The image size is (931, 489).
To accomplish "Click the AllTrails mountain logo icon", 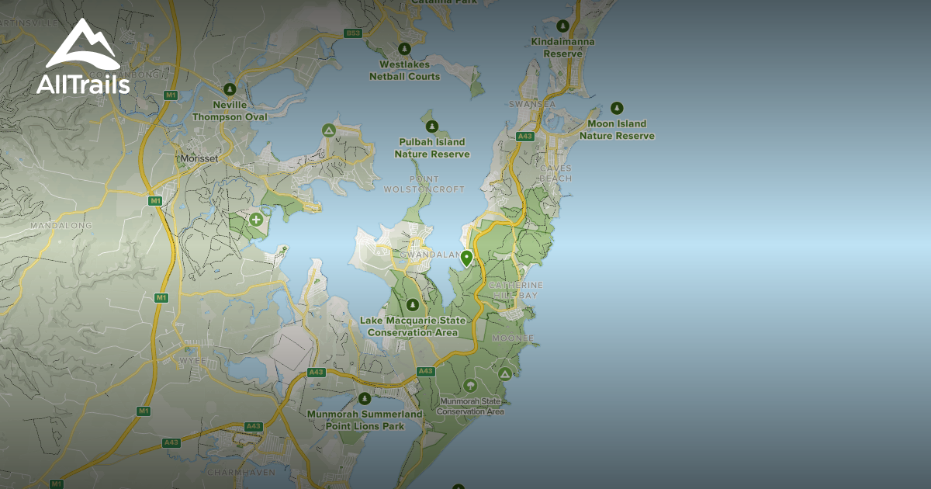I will point(82,44).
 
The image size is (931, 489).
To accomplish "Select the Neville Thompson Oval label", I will point(230,111).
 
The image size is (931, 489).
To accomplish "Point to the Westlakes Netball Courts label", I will point(410,71).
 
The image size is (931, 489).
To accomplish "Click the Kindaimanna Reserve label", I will point(562,47).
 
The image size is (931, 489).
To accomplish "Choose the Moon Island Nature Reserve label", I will point(617,130).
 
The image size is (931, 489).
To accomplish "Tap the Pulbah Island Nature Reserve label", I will point(432,147).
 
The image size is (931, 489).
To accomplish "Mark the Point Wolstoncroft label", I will point(424,184).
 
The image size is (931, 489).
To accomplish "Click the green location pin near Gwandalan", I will point(466,258).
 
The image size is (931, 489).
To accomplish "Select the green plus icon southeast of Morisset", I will point(256,220).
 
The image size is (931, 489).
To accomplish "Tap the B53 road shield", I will point(354,33).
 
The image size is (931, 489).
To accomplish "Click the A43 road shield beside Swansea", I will point(525,137).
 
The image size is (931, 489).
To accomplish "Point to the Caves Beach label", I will point(555,173).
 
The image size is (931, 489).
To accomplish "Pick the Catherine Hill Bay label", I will point(516,290).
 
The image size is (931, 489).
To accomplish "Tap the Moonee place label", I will point(513,338).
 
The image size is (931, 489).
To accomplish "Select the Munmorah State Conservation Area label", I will point(470,406).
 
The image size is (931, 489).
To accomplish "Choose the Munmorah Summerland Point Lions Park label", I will point(365,419).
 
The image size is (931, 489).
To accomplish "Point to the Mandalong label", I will point(61,226).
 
